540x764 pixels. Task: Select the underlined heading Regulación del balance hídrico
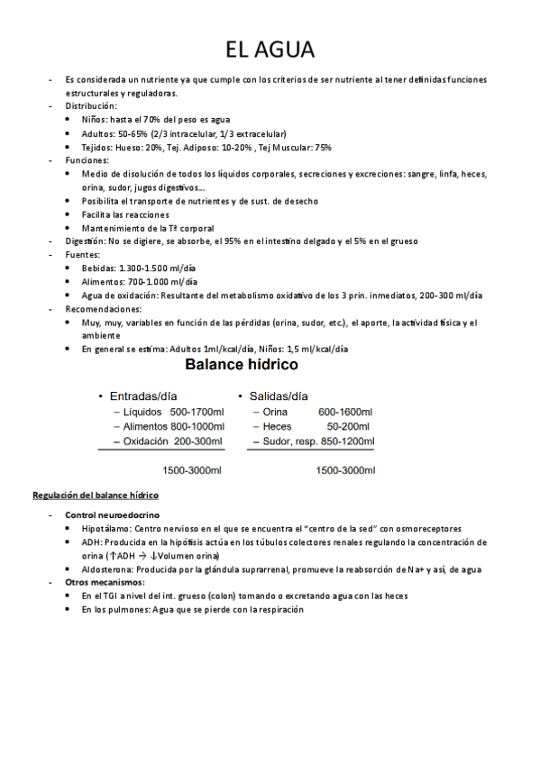[96, 496]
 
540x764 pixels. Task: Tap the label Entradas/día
[143, 396]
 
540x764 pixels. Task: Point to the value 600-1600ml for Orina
[345, 412]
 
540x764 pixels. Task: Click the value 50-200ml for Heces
[348, 426]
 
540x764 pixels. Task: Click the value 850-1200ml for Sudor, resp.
[346, 441]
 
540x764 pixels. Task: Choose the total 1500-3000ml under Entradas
[192, 470]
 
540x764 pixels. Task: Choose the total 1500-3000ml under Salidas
[346, 470]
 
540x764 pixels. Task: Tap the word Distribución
[91, 105]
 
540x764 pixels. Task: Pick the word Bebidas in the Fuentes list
[97, 268]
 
